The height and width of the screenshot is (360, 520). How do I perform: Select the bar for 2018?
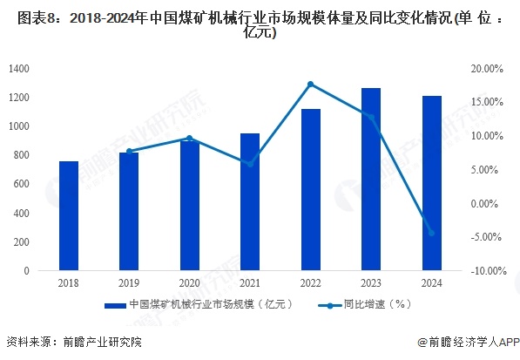coord(69,216)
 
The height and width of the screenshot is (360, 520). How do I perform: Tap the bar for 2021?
coord(250,202)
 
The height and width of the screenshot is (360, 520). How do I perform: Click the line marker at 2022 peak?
coord(311,84)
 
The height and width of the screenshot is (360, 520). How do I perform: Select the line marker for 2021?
coord(250,164)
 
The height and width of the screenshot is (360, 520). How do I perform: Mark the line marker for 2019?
coord(129,151)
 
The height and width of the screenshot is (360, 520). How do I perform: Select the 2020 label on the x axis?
coord(189,284)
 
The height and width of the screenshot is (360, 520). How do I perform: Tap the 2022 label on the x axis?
coord(311,284)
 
